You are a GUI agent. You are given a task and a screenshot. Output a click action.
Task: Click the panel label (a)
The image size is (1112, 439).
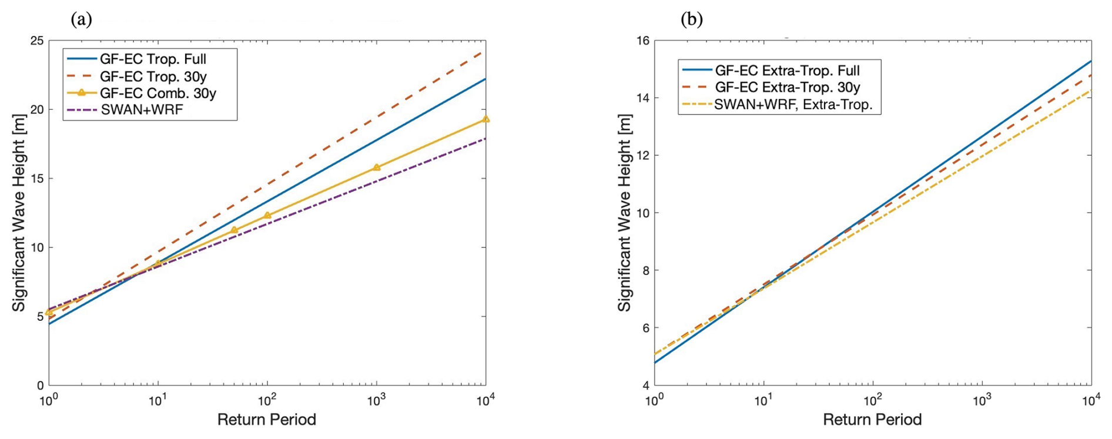point(81,20)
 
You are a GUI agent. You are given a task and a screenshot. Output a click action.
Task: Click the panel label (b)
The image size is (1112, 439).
point(692,20)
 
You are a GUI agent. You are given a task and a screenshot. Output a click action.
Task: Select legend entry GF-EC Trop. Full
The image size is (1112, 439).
point(153,59)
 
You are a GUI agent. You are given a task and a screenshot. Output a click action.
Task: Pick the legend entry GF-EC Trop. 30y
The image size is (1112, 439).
point(153,76)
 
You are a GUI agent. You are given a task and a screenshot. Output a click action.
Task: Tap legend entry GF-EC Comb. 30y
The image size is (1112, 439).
point(158,93)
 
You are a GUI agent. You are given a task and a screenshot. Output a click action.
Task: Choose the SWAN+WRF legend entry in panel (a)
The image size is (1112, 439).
point(142,110)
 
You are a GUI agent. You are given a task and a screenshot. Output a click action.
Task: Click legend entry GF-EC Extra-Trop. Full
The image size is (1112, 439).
point(787,71)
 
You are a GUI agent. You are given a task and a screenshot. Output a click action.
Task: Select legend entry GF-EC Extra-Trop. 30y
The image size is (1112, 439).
point(787,88)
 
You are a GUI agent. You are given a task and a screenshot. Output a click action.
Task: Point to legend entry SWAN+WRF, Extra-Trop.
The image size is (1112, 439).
point(793,105)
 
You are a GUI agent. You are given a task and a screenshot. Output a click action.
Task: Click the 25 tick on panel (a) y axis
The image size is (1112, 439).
point(36,41)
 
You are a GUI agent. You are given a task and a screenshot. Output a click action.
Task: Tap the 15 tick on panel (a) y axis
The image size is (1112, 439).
point(36,179)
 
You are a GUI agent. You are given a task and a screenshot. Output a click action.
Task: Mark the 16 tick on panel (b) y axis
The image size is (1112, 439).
point(642,41)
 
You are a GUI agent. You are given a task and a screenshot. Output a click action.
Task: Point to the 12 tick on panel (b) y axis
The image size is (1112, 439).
point(642,156)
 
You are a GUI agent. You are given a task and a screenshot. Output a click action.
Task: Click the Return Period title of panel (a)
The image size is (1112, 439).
point(267,420)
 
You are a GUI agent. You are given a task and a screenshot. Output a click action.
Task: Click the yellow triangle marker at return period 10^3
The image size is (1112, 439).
point(377,167)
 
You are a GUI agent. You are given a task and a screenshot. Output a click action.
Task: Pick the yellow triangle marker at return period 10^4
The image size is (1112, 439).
point(485,119)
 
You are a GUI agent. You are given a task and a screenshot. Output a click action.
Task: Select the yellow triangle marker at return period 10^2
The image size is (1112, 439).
point(267,216)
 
